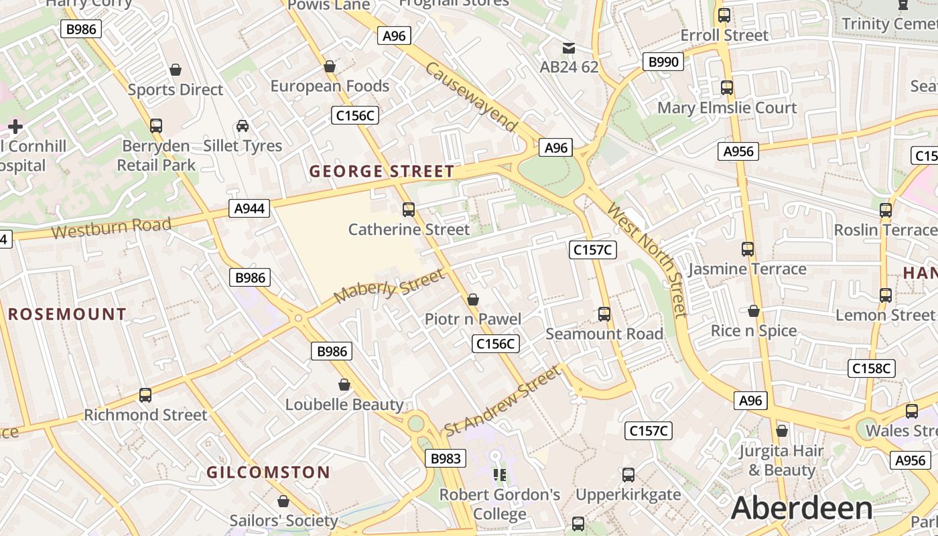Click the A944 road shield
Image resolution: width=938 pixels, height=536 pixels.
249,208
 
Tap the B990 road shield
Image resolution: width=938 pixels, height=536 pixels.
663,62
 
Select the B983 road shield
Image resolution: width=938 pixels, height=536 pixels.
445,458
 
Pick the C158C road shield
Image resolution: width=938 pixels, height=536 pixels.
872,368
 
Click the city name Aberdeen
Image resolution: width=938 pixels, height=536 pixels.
801,508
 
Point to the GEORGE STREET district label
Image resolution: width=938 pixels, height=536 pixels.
382,172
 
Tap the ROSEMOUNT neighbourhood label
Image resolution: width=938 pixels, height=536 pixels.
67,314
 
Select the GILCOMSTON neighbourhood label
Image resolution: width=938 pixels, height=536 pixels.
268,472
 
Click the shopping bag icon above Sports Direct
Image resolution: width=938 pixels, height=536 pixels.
176,70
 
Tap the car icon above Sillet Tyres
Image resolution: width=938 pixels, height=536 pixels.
243,126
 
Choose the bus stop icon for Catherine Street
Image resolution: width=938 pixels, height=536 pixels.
408,210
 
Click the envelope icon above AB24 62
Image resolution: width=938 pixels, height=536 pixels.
569,48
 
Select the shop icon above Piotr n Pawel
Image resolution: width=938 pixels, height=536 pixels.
473,299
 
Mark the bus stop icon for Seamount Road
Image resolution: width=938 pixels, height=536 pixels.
604,314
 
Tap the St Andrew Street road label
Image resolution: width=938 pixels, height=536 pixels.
501,401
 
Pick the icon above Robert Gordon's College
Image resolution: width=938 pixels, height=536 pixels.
499,475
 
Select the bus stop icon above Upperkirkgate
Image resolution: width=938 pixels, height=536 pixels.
628,475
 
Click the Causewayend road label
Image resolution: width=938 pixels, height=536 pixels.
472,97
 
